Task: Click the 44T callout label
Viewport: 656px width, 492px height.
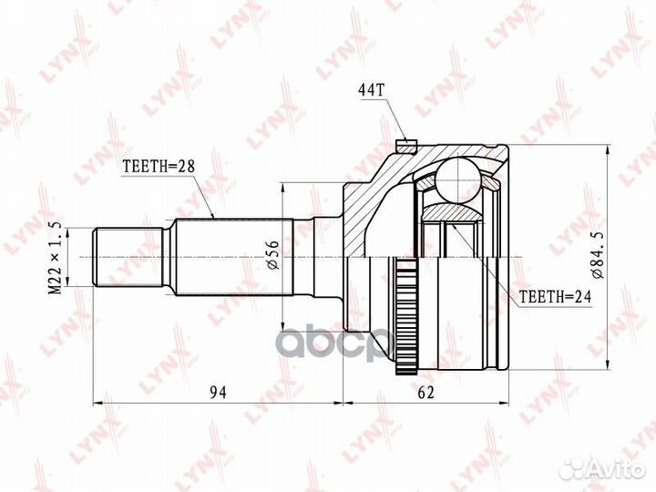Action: (371, 90)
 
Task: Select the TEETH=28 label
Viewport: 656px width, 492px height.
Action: (159, 167)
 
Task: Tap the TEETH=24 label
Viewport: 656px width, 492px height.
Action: (555, 297)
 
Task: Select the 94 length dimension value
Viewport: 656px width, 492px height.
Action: (219, 393)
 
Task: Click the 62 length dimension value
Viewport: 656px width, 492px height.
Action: (426, 393)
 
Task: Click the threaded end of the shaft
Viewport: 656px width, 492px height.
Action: (128, 257)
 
